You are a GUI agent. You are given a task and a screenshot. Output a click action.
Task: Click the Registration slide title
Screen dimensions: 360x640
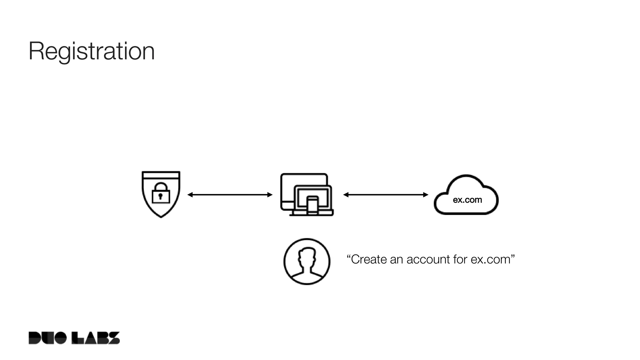point(92,51)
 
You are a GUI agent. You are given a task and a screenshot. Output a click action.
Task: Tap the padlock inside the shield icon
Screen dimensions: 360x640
point(161,194)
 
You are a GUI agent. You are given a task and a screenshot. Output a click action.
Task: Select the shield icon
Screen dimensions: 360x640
point(161,194)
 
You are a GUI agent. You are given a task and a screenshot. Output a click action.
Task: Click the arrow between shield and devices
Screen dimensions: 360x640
point(230,195)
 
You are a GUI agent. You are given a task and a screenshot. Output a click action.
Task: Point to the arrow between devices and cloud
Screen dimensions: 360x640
point(386,195)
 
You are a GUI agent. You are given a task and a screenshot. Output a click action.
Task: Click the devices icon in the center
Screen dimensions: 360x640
point(307,194)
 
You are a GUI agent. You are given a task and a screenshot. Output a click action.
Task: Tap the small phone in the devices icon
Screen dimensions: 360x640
point(312,205)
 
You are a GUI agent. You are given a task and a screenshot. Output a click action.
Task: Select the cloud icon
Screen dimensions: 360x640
point(466,195)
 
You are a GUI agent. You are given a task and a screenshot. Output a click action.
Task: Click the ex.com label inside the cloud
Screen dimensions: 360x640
point(467,200)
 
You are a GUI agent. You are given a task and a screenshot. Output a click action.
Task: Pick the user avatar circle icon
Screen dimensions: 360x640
point(307,262)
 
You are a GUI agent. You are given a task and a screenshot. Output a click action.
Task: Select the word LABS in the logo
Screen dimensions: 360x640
point(96,338)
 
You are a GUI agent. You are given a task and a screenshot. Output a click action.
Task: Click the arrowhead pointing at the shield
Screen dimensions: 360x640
point(190,195)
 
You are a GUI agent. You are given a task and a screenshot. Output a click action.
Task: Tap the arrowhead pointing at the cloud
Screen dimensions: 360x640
point(426,195)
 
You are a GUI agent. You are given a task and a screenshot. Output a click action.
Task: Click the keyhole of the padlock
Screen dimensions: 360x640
point(161,197)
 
